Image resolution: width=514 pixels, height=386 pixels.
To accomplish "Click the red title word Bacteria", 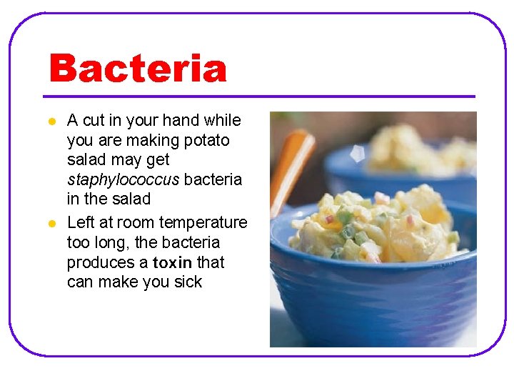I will coord(138,69).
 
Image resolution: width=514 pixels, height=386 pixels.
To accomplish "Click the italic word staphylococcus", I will coord(123,179).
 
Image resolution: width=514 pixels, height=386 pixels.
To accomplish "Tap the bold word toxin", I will coord(172,262).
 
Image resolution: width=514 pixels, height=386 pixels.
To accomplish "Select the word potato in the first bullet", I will coord(206,140).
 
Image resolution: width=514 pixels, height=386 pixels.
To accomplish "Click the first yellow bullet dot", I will coord(51,122).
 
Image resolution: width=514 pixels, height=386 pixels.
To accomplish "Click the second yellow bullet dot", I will coord(51,224).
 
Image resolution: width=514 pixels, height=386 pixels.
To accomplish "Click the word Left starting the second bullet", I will coord(81,222).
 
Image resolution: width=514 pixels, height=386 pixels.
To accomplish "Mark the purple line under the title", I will coord(258,96).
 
